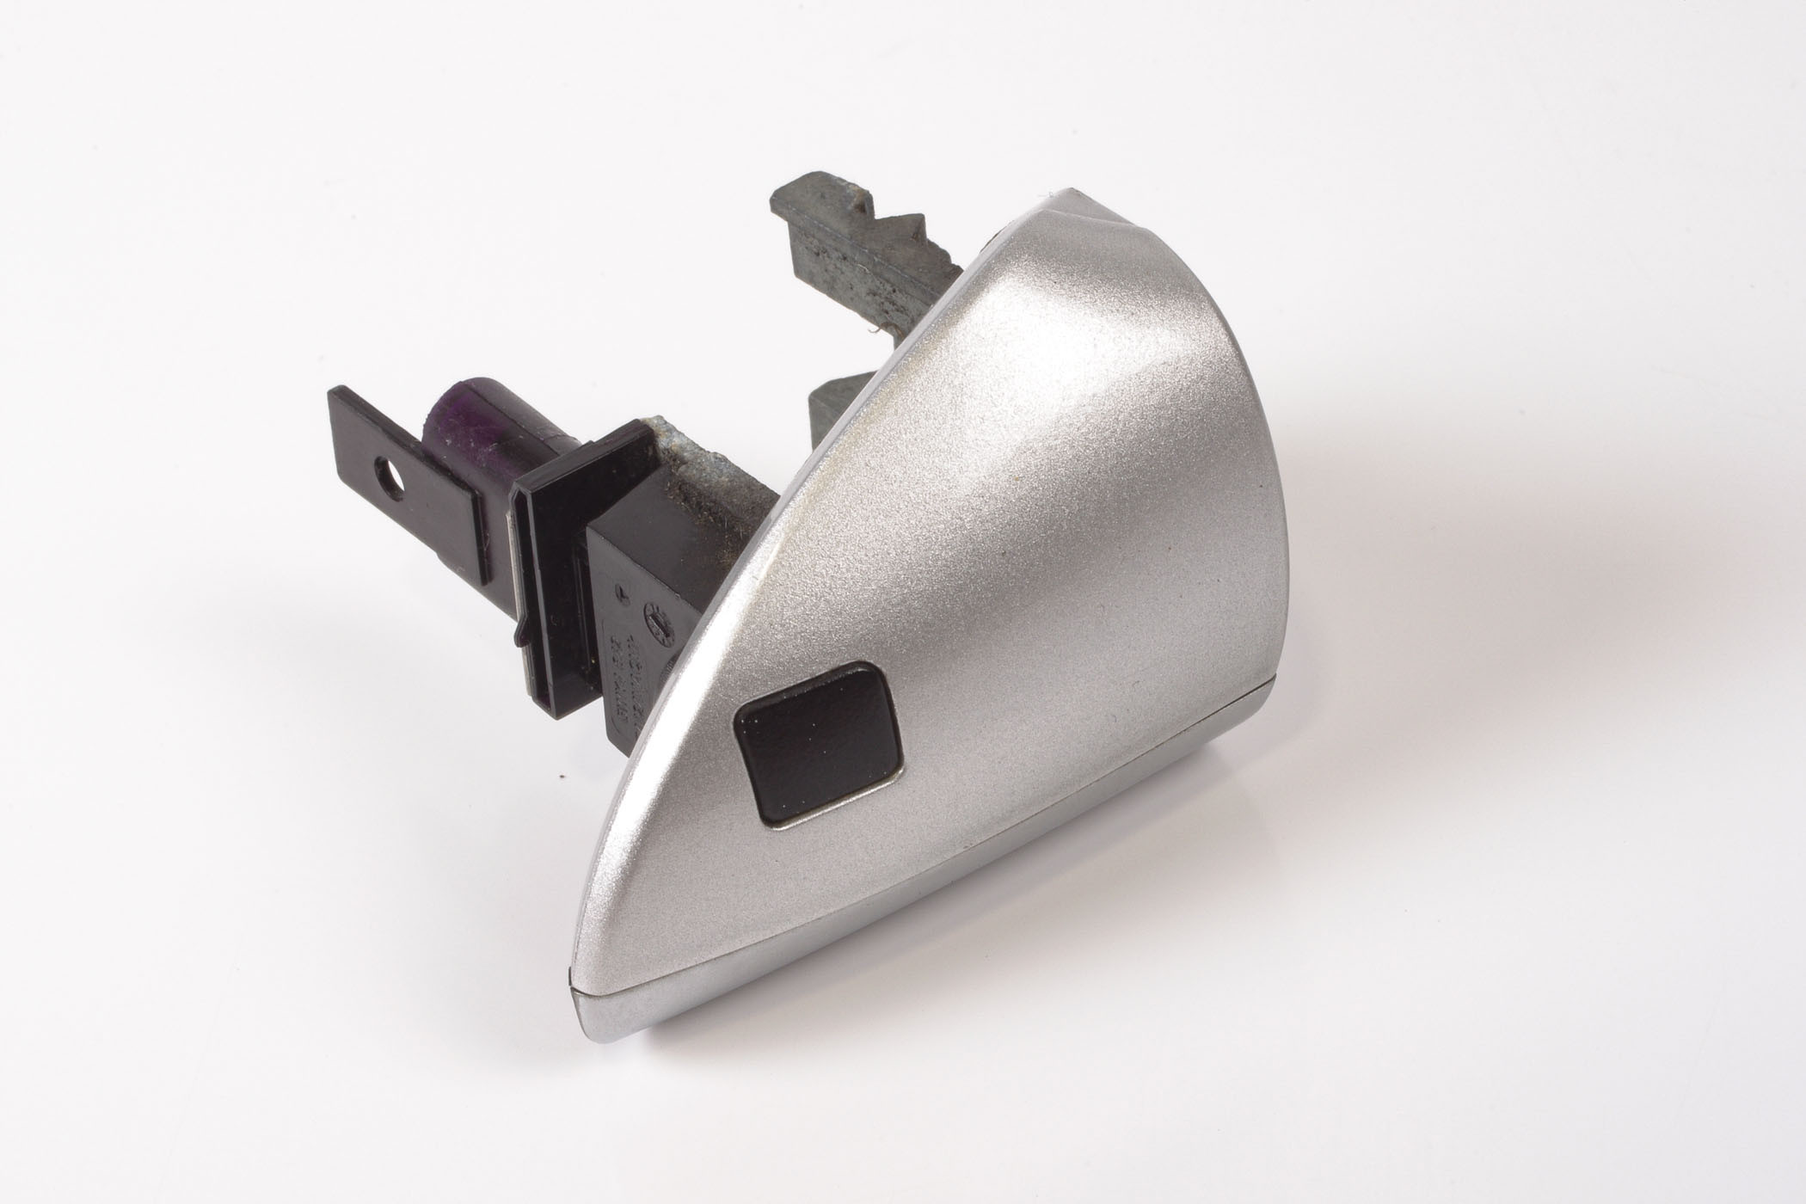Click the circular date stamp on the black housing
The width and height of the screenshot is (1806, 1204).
click(x=659, y=617)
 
